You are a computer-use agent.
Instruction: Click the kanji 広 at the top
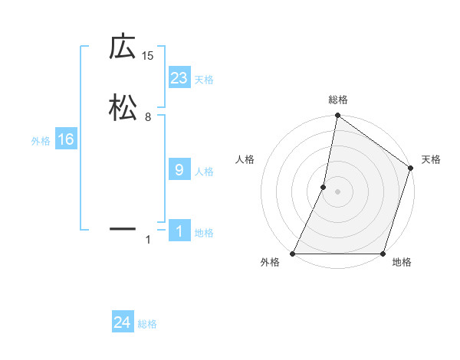(x=122, y=47)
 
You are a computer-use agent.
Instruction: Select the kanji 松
(x=122, y=107)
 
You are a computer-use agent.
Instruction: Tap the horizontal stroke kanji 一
(x=122, y=228)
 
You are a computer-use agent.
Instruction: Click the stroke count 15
(x=148, y=55)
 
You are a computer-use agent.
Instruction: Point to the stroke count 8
(x=148, y=116)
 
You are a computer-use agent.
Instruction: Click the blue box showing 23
(x=179, y=78)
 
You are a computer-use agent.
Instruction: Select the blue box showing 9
(x=179, y=170)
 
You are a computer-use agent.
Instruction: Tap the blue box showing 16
(x=65, y=139)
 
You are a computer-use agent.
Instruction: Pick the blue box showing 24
(x=122, y=323)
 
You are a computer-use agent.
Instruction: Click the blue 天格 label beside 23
(x=204, y=80)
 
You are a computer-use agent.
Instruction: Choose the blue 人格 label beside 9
(x=204, y=172)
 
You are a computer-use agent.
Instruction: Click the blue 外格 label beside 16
(x=41, y=141)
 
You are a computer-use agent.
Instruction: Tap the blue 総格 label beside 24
(x=147, y=325)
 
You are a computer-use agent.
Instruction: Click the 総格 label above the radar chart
(x=337, y=100)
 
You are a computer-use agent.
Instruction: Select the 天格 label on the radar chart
(x=431, y=159)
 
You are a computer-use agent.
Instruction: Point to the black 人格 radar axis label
(x=245, y=159)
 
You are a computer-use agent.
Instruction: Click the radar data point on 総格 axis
(x=337, y=116)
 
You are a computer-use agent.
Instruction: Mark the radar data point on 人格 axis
(x=324, y=187)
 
